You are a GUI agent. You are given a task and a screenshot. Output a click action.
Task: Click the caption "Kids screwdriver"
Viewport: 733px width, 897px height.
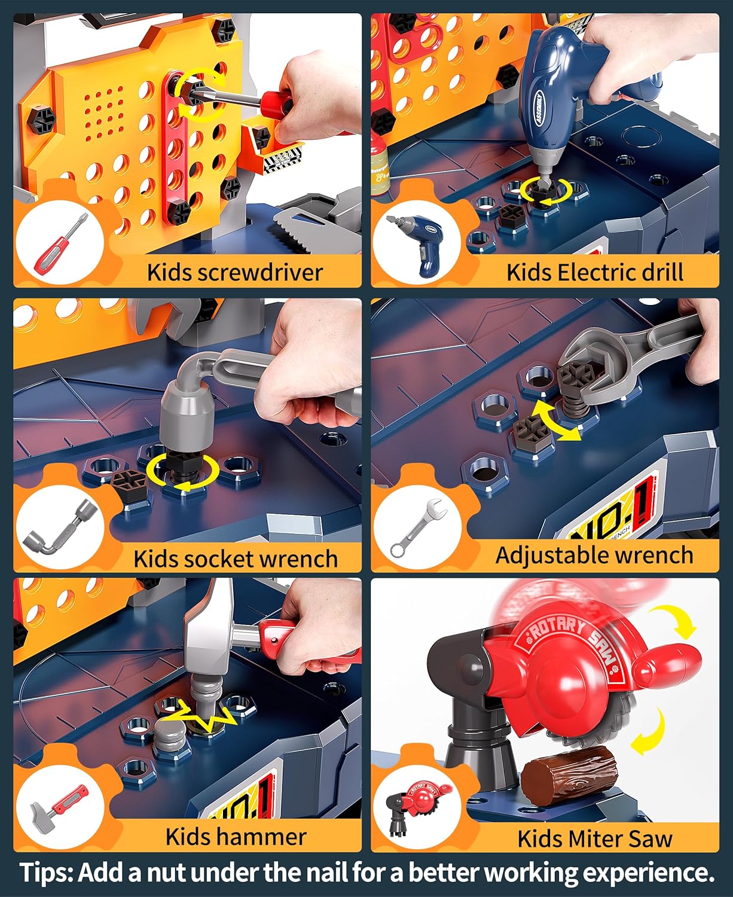(234, 272)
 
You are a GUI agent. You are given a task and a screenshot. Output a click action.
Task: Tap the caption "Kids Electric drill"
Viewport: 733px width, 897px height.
(594, 272)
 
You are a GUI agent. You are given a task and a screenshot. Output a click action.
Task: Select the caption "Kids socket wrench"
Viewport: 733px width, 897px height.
(235, 559)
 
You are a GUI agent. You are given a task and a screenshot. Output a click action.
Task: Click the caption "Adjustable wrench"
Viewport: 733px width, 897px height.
(594, 555)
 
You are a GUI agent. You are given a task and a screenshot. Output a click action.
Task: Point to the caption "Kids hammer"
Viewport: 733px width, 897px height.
(236, 836)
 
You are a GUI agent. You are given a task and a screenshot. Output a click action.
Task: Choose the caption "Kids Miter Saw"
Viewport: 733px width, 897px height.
(594, 838)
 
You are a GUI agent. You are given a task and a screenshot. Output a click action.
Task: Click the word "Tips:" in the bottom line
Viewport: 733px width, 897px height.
(47, 873)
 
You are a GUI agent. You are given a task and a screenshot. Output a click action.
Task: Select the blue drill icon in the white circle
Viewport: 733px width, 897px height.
(416, 243)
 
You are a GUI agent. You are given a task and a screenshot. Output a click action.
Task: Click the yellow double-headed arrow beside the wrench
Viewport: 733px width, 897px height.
(557, 421)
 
